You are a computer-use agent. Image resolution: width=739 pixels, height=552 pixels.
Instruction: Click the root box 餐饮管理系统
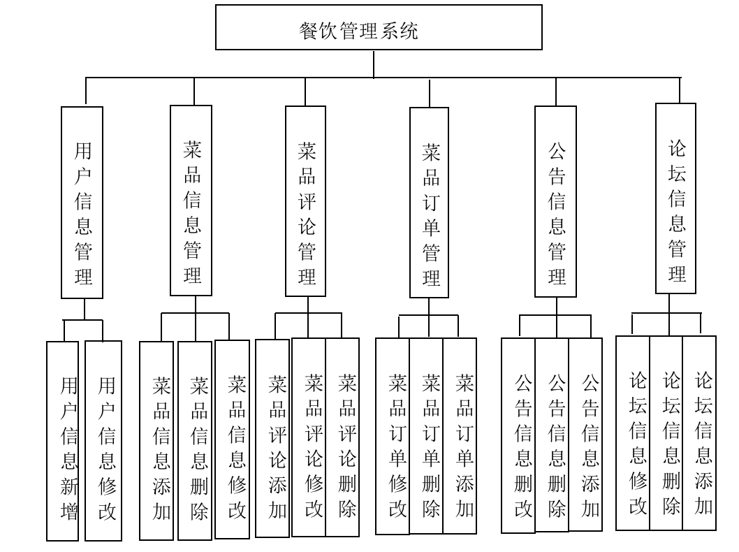coord(379,27)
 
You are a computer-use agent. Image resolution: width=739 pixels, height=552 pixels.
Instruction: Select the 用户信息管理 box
coord(82,203)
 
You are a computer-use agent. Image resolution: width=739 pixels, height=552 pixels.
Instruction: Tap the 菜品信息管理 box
coord(191,201)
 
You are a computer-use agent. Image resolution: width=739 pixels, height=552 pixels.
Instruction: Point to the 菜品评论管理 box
coord(306,201)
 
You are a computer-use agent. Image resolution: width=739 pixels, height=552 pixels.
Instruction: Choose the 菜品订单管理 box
coord(430,203)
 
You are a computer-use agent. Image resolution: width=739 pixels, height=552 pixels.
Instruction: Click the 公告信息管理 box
coord(556,201)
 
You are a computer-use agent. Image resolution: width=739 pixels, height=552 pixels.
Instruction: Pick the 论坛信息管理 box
coord(676,198)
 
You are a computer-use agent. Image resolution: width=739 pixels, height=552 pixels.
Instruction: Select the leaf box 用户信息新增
coord(63,441)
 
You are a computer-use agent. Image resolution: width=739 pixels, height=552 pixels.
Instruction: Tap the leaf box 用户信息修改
coord(103,441)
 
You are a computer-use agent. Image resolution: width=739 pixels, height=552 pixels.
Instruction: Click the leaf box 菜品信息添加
coord(156,441)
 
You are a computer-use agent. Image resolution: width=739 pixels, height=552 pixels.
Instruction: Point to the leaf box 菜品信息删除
coord(195,441)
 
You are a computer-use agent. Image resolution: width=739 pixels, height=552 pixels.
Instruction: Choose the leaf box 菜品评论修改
coord(309,437)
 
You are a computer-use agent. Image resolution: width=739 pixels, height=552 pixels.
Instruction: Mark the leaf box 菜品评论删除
coord(343,437)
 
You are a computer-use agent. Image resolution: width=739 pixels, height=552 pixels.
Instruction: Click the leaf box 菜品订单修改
coord(393,437)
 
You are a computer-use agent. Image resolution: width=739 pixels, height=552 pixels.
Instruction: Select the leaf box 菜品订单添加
coord(460,437)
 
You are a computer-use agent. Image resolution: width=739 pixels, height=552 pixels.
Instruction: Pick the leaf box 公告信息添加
coord(585,435)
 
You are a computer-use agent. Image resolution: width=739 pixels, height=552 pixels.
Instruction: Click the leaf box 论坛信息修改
coord(633,433)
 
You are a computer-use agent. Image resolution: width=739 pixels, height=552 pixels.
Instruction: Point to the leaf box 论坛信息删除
coord(666,433)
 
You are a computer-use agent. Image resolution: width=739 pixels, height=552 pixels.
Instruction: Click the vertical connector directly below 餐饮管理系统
coord(374,64)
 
